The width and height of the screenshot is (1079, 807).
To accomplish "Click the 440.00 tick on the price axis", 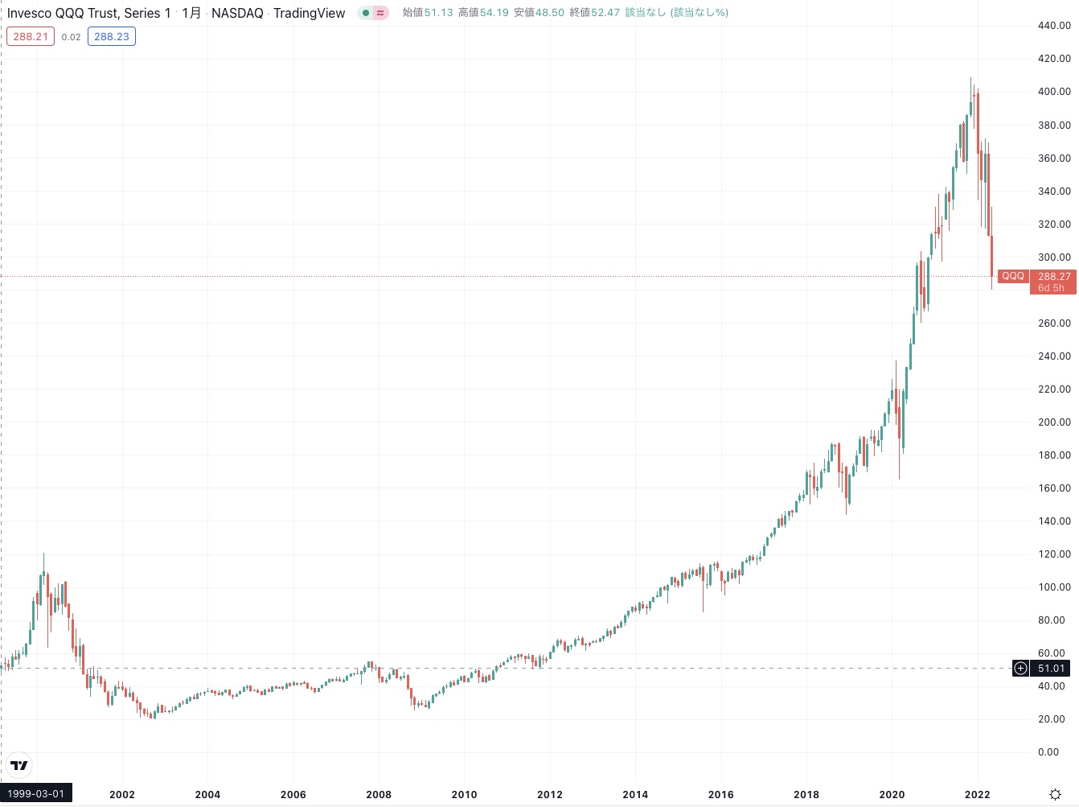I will click(x=1053, y=26).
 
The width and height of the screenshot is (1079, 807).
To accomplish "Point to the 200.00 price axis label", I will click(x=1053, y=422).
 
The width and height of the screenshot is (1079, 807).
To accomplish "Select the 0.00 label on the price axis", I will click(x=1048, y=752).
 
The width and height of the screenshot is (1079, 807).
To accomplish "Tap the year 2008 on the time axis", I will click(x=379, y=795).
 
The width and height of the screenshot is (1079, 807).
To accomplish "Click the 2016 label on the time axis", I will click(x=720, y=795).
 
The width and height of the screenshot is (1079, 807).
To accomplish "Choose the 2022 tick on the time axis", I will click(x=977, y=795).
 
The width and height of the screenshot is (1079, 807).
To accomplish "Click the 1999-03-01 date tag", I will click(x=36, y=794).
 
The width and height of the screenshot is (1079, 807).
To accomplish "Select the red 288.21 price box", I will click(x=31, y=37).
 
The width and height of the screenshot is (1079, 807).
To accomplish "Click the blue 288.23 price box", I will click(x=112, y=37).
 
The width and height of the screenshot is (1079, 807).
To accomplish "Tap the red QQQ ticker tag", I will click(x=1012, y=276).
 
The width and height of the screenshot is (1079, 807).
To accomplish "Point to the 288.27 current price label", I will click(x=1054, y=277).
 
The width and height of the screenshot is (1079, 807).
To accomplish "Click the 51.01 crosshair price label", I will click(x=1051, y=669).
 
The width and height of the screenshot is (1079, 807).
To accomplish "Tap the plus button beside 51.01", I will click(x=1020, y=669).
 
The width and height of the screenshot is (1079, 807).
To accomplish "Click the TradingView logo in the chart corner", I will click(x=19, y=765).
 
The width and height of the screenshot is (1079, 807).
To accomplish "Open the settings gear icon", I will click(x=1055, y=795).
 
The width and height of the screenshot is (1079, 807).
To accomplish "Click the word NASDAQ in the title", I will click(x=237, y=13).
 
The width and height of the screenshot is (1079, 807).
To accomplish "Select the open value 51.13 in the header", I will click(x=438, y=13).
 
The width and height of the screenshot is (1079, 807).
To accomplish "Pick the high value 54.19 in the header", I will click(x=494, y=13).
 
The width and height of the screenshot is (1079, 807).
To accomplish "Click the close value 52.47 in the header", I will click(x=605, y=13).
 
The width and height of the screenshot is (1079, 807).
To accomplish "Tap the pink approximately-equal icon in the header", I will click(x=380, y=13).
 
